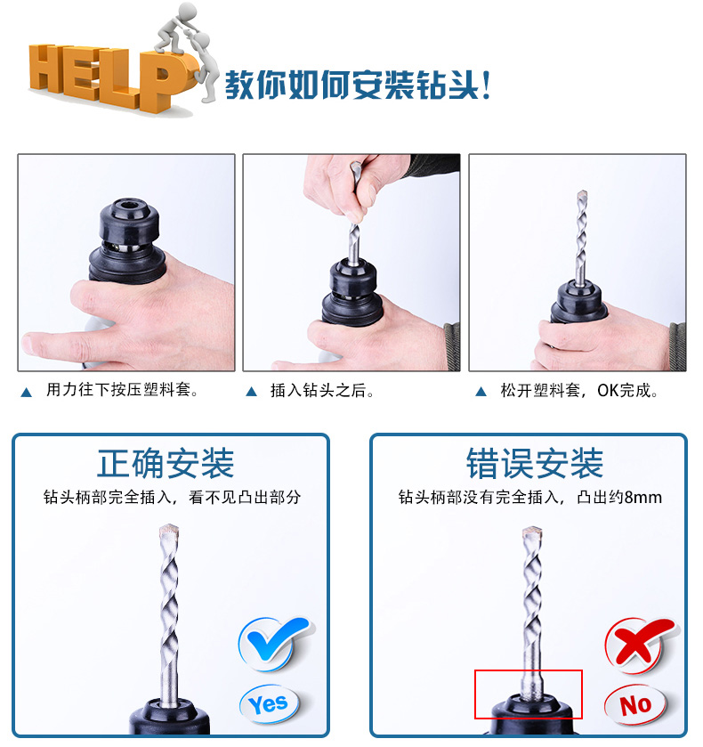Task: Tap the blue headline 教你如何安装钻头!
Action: tap(358, 85)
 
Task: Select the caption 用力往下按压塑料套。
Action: tap(122, 390)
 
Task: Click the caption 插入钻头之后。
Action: tap(322, 391)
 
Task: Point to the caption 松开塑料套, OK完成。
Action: tap(579, 391)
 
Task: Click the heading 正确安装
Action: tap(166, 463)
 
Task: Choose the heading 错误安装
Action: tap(535, 463)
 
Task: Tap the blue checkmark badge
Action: tap(273, 643)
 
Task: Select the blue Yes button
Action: tap(269, 704)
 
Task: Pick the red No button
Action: tap(634, 705)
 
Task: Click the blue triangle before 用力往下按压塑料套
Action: tap(27, 393)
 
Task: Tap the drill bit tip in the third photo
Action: tap(582, 195)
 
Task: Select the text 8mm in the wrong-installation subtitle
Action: tap(643, 498)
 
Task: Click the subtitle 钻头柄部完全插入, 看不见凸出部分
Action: tap(172, 498)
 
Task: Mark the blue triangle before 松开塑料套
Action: tap(481, 392)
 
